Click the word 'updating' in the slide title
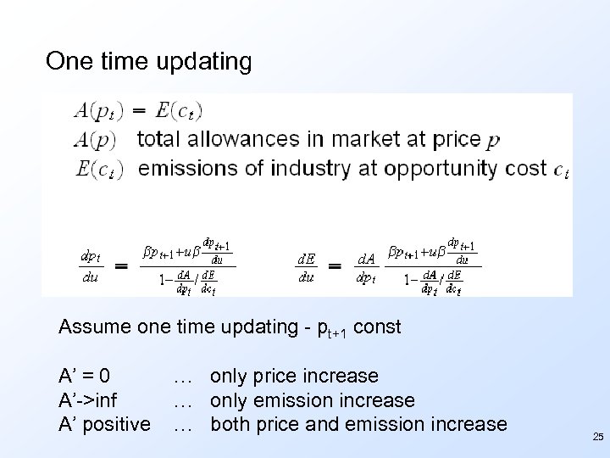203,61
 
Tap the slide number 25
598,438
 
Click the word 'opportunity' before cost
439,168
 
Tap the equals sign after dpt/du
121,265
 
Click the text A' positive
104,423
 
